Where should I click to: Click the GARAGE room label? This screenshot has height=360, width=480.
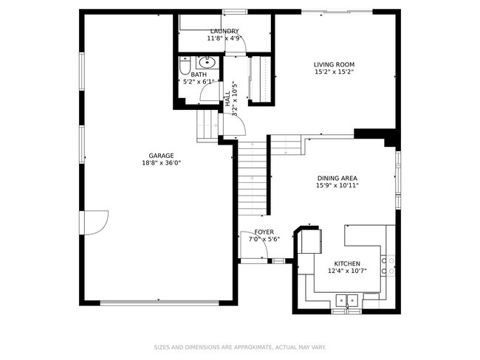[x=161, y=156]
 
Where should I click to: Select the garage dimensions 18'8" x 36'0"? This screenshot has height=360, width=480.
[x=161, y=163]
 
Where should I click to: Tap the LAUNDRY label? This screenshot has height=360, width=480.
[x=224, y=30]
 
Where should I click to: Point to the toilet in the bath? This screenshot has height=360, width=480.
[x=185, y=69]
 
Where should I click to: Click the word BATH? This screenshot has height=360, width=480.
[x=199, y=75]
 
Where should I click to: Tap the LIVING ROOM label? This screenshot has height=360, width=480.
[x=334, y=65]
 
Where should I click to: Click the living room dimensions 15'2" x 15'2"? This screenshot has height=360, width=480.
[x=334, y=72]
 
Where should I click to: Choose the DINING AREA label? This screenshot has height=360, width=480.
[x=337, y=178]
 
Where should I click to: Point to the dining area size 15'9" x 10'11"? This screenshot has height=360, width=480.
[x=337, y=185]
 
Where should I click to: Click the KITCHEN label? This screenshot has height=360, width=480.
[x=347, y=263]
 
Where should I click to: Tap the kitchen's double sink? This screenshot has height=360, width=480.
[x=346, y=300]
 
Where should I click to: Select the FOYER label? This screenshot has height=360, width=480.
[x=264, y=232]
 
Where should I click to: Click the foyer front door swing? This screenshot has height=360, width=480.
[x=252, y=246]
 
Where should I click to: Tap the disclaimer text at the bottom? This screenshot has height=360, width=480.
[x=240, y=346]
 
